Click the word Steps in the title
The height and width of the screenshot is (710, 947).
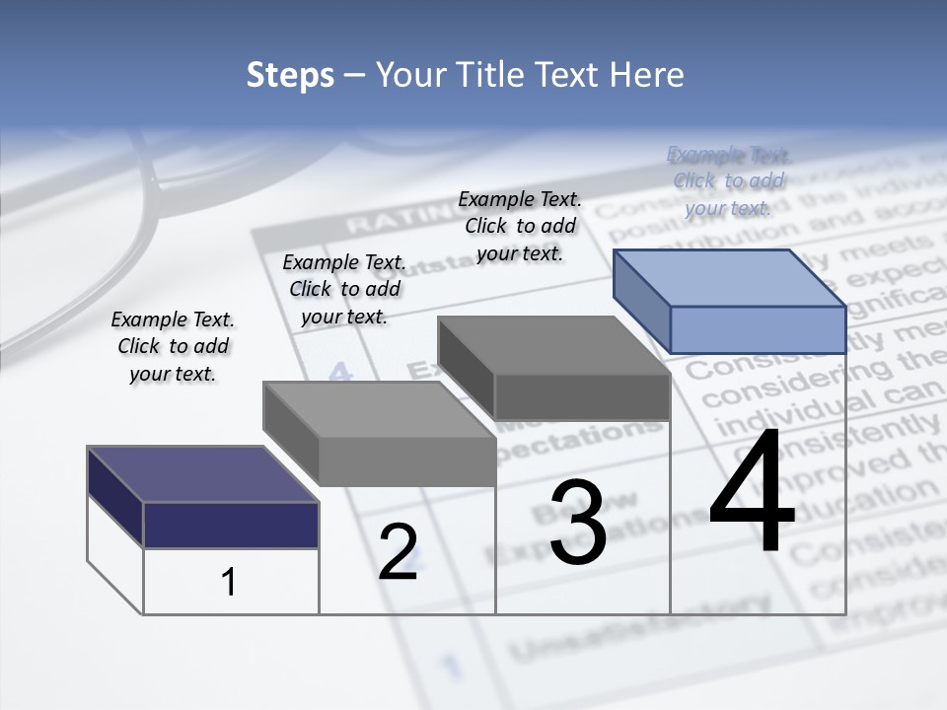[290, 75]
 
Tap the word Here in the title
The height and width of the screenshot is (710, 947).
[647, 75]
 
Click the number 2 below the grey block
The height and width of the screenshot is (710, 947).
[398, 551]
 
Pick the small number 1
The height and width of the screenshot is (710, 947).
[228, 582]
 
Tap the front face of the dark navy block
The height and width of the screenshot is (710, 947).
[231, 525]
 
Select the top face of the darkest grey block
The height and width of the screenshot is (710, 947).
[552, 345]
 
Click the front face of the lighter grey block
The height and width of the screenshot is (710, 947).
[406, 461]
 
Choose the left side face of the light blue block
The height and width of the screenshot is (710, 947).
[641, 299]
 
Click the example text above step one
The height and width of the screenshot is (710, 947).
[173, 346]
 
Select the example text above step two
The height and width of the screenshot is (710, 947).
[344, 289]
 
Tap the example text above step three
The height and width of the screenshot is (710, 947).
[520, 226]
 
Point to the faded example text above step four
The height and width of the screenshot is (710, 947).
[729, 180]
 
